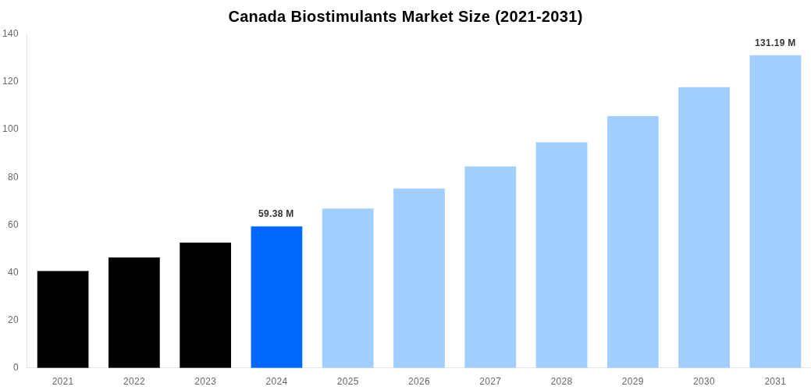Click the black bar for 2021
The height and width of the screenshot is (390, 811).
tap(62, 319)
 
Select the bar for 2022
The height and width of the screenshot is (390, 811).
tap(134, 312)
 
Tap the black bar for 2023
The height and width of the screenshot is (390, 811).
tap(205, 305)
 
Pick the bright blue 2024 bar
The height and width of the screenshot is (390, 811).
tap(276, 296)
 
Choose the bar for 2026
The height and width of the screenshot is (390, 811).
tap(419, 278)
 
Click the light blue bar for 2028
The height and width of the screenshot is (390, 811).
tap(561, 254)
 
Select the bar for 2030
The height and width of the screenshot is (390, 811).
tap(704, 227)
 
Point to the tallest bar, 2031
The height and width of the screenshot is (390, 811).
tap(775, 211)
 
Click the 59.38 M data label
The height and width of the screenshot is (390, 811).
tap(276, 214)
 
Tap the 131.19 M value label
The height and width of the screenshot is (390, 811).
tap(775, 43)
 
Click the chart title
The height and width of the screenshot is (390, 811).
tap(405, 16)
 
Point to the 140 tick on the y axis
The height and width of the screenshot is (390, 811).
tap(11, 34)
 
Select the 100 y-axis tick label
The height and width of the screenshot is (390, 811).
tap(11, 129)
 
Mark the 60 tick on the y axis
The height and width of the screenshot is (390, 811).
tap(13, 225)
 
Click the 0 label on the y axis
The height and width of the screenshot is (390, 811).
tap(16, 367)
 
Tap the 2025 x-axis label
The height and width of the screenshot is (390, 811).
tap(348, 381)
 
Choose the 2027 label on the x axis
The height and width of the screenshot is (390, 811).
tap(490, 381)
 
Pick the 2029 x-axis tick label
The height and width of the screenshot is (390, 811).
tap(633, 381)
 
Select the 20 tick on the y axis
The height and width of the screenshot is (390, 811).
tap(13, 320)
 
